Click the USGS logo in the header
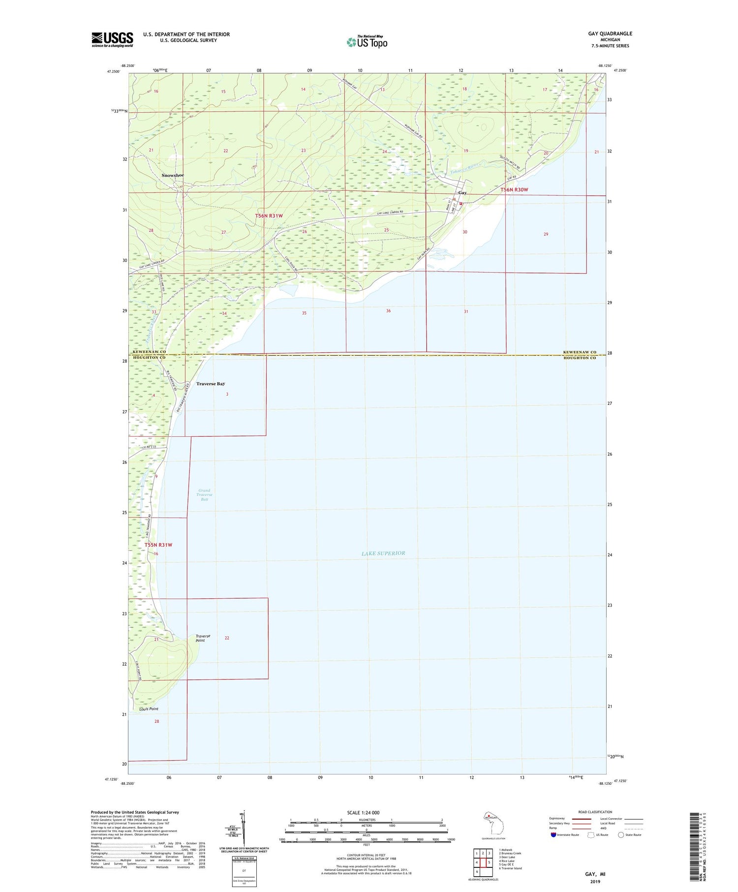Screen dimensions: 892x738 [112, 39]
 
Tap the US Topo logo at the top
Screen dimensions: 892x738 [367, 42]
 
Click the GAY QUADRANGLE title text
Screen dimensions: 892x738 [610, 33]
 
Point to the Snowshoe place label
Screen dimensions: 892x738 [173, 176]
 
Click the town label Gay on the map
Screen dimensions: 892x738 [462, 193]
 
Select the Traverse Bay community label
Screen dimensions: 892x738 [211, 384]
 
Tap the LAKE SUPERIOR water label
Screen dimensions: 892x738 [383, 554]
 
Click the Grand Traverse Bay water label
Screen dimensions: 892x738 [204, 495]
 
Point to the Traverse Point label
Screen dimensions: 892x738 [203, 638]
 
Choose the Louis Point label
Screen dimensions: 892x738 [149, 709]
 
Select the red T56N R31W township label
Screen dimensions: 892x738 [269, 216]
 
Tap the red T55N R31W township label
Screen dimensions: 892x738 [158, 545]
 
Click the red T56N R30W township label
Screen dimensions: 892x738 [514, 190]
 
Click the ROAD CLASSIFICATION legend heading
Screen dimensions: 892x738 [595, 812]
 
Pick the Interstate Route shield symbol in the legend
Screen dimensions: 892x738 [553, 835]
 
